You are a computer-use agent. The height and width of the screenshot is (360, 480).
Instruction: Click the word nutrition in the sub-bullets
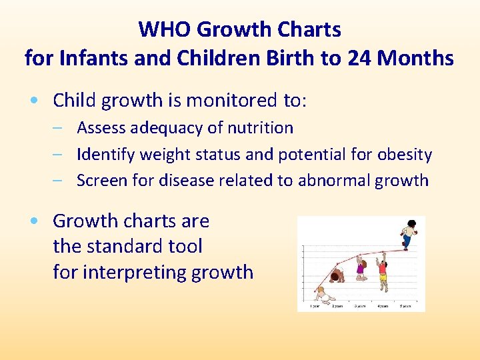(x=260, y=128)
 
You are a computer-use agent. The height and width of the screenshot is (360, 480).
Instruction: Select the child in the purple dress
(x=361, y=267)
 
